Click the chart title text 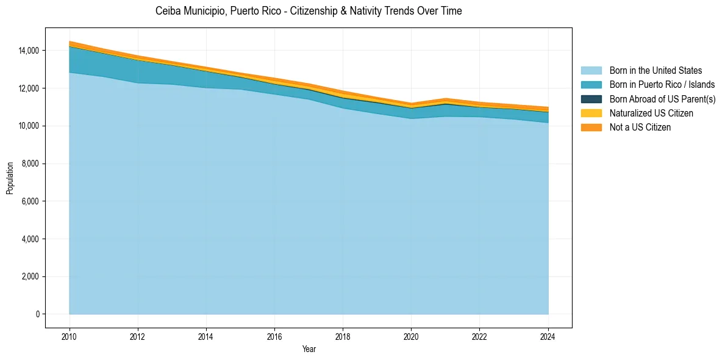[x=309, y=11]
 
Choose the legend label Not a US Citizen [x=640, y=128]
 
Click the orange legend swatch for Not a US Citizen [x=591, y=128]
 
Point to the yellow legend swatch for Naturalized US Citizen [x=591, y=113]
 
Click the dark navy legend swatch [x=591, y=99]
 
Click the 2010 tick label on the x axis [x=70, y=336]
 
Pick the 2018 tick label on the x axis [x=343, y=336]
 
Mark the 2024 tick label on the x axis [x=548, y=336]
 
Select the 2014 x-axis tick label [x=206, y=336]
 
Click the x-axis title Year [x=309, y=349]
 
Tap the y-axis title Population [x=10, y=178]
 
